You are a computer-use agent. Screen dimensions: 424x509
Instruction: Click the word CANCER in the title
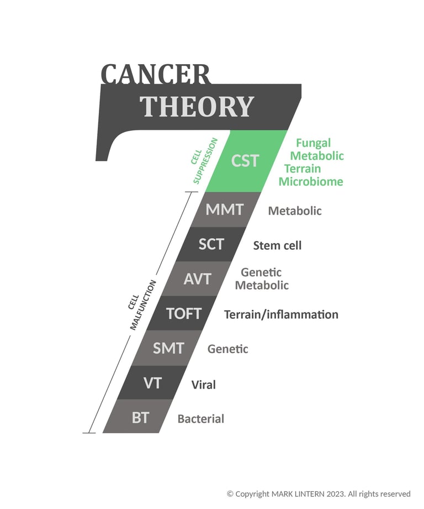156,74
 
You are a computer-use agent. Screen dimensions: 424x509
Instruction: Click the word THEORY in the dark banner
197,106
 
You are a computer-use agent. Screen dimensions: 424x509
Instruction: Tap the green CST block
246,161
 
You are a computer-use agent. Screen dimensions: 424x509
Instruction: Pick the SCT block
211,244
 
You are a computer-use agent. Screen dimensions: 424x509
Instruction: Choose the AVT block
197,279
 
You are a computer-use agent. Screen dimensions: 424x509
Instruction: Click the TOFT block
183,313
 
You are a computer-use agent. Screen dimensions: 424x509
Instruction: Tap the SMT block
168,348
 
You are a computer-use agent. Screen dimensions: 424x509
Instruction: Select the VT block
152,383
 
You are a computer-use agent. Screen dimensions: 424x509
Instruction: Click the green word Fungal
313,143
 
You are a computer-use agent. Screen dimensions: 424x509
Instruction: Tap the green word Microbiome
311,181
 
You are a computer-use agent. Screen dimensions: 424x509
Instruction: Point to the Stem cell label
277,245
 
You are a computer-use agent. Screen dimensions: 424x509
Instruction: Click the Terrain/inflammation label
281,314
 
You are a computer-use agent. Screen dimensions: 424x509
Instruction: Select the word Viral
203,385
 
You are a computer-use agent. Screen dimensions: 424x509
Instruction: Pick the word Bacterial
200,419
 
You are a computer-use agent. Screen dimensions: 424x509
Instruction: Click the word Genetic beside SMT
227,349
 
